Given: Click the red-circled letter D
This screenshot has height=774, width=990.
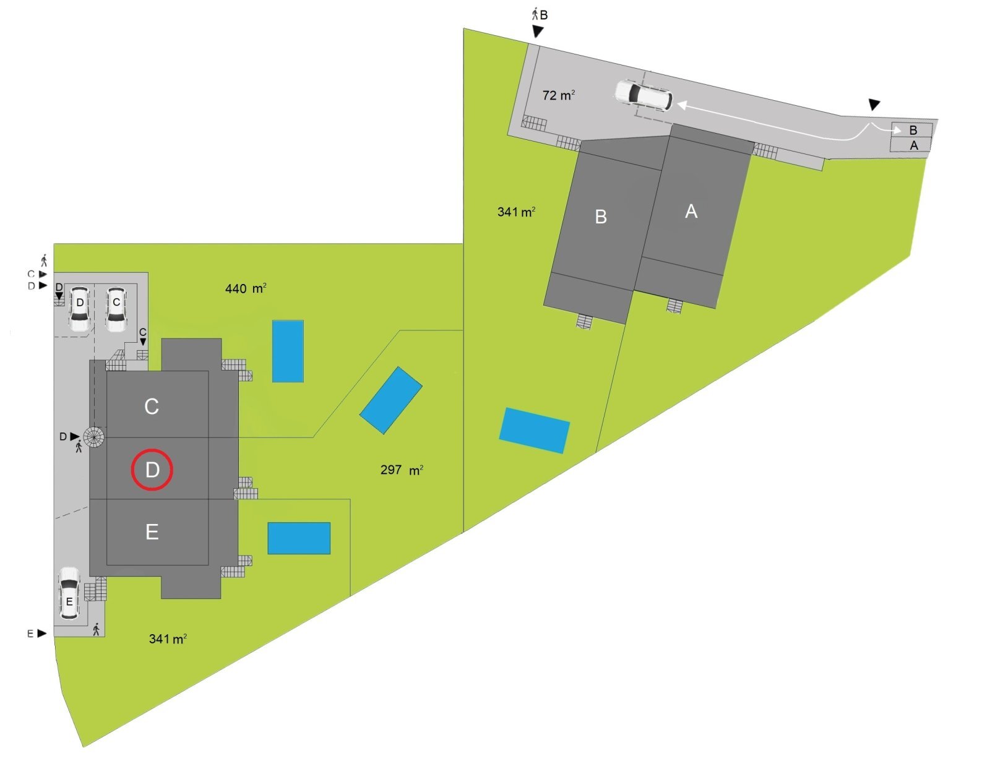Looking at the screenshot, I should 152,470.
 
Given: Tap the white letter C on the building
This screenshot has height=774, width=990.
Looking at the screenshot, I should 152,406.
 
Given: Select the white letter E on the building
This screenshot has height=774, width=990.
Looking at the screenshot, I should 152,532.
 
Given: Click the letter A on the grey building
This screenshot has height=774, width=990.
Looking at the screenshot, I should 691,212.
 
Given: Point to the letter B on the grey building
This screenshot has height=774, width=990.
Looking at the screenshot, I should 600,217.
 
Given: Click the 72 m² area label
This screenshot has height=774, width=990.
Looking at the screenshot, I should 558,95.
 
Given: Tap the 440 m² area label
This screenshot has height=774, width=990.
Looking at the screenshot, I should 246,288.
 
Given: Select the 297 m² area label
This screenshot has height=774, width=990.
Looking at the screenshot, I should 402,470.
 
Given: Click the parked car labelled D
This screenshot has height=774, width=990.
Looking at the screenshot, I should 80,308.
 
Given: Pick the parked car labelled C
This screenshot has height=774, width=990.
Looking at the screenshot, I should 116,308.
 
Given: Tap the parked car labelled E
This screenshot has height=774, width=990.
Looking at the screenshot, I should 69,594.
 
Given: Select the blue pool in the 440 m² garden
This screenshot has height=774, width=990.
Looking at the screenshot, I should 288,351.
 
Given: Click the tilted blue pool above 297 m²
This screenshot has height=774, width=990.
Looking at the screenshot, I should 391,400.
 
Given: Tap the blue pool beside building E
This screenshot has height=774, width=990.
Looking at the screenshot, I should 299,538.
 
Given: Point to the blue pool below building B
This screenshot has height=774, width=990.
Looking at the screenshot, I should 534,430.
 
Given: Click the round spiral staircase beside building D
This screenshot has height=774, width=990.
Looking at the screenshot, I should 94,437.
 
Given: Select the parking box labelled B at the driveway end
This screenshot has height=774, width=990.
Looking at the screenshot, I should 912,130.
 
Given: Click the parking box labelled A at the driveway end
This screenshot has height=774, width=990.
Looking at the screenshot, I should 912,145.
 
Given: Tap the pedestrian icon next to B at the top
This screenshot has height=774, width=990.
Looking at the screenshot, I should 535,14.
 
